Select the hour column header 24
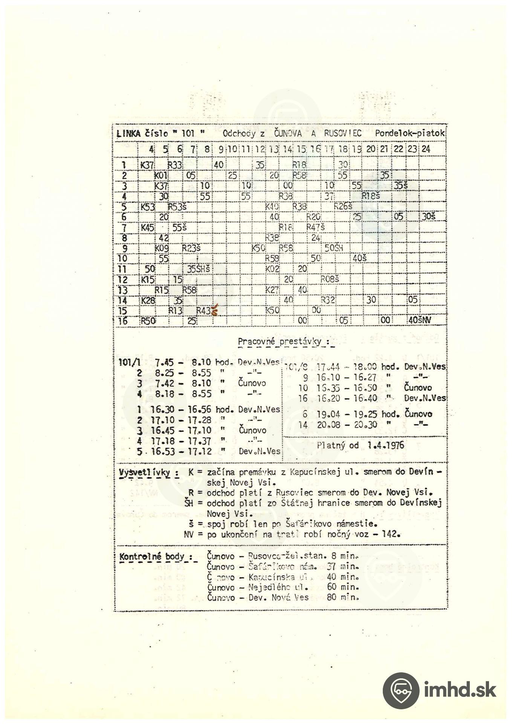pos(426,149)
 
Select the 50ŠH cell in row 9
pos(334,248)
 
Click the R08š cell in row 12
pos(330,279)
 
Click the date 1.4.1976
pos(386,445)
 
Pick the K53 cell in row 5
pos(148,207)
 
